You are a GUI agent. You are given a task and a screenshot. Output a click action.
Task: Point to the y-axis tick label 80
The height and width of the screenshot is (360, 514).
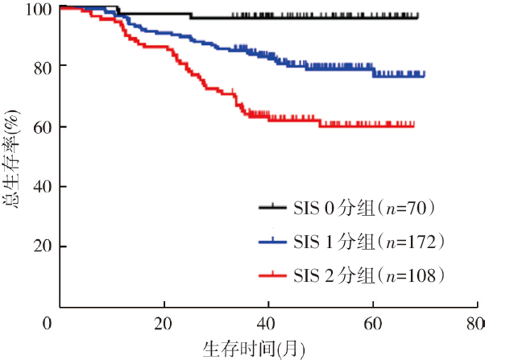pyautogui.click(x=44, y=67)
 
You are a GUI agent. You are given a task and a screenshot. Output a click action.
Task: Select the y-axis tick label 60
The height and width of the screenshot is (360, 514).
pyautogui.click(x=44, y=127)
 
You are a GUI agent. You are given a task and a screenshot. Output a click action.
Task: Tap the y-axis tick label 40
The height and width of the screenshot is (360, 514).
pyautogui.click(x=44, y=187)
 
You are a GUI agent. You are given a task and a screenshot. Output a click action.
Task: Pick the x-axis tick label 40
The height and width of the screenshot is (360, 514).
pyautogui.click(x=268, y=324)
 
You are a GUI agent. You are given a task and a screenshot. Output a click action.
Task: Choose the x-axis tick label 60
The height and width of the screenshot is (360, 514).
pyautogui.click(x=373, y=324)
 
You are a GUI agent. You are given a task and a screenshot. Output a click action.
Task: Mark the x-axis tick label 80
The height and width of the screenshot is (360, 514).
pyautogui.click(x=477, y=324)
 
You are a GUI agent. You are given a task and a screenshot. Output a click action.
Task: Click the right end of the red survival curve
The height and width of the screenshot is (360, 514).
pyautogui.click(x=414, y=125)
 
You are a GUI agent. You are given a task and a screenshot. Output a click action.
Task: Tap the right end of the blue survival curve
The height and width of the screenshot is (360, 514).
pyautogui.click(x=424, y=75)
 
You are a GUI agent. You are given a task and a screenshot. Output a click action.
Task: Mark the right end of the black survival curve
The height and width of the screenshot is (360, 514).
pyautogui.click(x=417, y=16)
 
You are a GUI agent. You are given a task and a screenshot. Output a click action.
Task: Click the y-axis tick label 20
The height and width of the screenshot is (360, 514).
pyautogui.click(x=44, y=246)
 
